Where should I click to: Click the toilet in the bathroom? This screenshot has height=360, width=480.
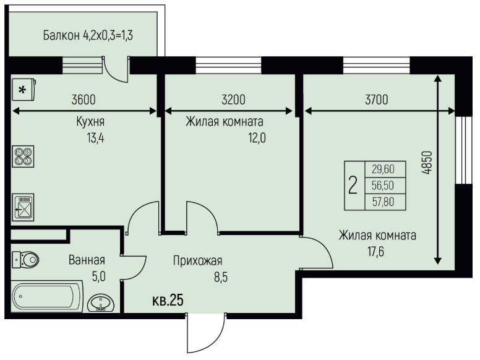[x=25, y=260]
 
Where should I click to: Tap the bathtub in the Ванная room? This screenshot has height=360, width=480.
[x=47, y=297]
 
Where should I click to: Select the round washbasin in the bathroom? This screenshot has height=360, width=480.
[x=101, y=303]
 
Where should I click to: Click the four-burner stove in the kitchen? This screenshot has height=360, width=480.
[x=23, y=156]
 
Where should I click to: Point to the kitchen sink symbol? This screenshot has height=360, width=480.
[x=23, y=207]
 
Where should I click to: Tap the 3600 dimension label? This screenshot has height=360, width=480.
[x=84, y=100]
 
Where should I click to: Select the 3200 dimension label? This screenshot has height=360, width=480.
[x=233, y=100]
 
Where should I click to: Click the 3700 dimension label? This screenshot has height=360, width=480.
[x=377, y=100]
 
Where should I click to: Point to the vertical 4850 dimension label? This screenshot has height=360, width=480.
[x=427, y=163]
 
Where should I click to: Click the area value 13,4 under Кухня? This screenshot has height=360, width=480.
[x=95, y=138]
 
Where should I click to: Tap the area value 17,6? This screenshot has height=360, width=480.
[x=375, y=252]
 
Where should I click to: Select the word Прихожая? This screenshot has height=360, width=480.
[x=197, y=261]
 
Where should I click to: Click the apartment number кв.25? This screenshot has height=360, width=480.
[x=168, y=300]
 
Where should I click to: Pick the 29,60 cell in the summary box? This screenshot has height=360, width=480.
[x=383, y=169]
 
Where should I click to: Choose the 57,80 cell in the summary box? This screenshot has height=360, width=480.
[x=383, y=202]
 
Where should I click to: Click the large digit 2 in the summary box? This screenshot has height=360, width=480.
[x=353, y=185]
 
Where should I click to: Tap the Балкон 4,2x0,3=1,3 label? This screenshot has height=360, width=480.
[x=88, y=35]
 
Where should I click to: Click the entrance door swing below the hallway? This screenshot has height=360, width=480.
[x=206, y=333]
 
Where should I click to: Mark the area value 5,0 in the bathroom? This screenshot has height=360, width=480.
[x=98, y=276]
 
